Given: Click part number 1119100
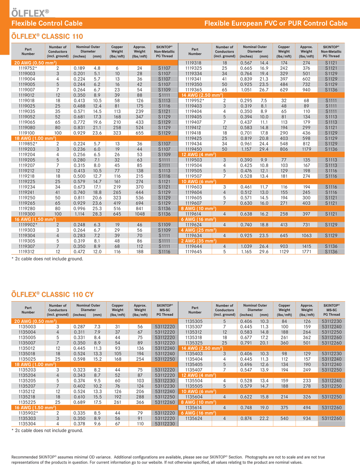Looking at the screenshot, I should pos(27,133).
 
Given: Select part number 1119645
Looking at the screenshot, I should pos(194,252).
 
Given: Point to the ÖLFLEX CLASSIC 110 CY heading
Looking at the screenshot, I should pos(53,295).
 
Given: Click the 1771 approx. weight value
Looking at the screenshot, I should pos(306,252).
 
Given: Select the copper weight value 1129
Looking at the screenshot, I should pos(284,252).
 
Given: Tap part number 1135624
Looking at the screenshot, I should pos(194,418).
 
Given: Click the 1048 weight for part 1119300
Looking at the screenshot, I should pos(140,214).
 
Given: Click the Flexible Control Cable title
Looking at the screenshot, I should pos(47,23).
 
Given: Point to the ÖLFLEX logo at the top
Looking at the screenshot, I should pos(30,13).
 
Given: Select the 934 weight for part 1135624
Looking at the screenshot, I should pos(307,418).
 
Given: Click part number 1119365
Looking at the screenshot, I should pos(194,90).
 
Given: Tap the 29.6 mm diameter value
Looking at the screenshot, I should pos(264,252).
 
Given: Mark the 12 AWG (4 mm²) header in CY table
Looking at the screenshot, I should pos(198,375).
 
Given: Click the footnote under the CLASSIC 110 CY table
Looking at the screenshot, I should pos(47,430).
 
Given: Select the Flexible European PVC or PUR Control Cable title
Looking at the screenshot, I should pos(276,23).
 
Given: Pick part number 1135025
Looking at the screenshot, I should pos(27,359).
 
